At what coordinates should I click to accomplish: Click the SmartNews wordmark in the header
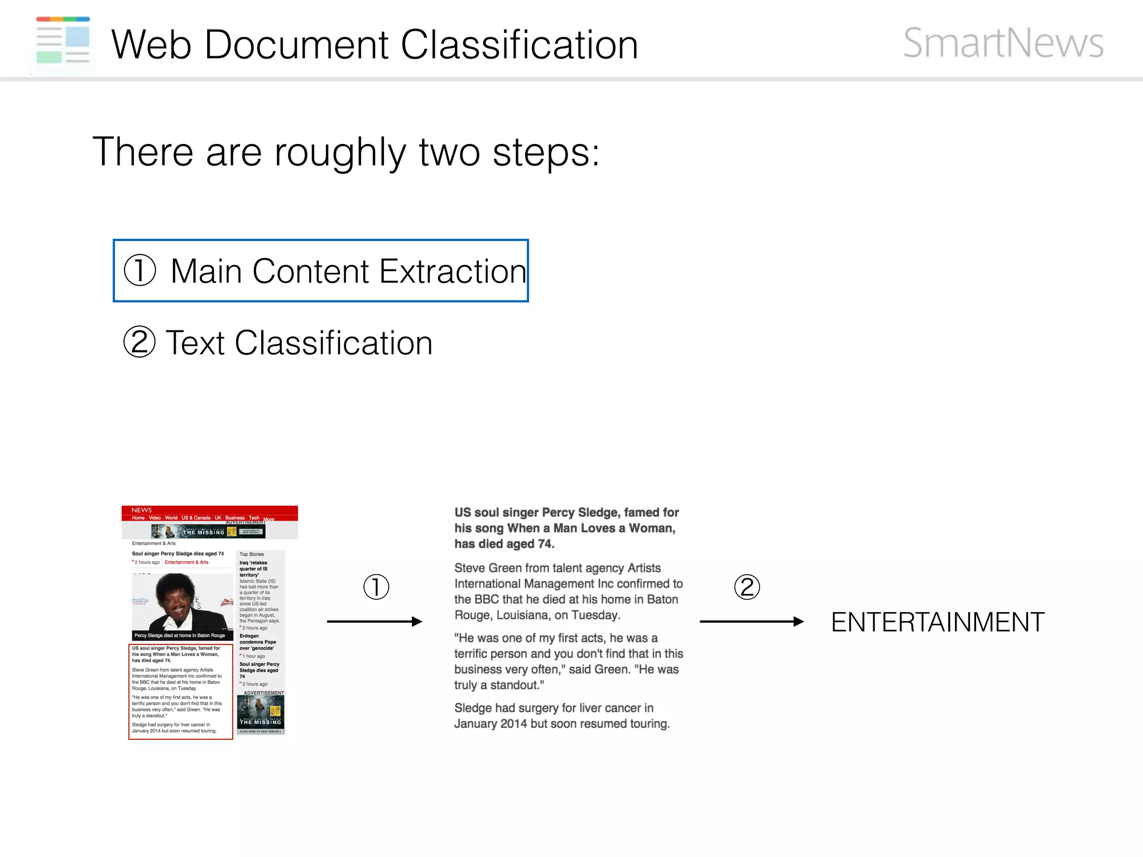[x=1003, y=43]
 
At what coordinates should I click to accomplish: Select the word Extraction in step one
[x=453, y=272]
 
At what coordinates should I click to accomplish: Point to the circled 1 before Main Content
[x=140, y=271]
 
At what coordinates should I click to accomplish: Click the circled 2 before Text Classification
[x=140, y=342]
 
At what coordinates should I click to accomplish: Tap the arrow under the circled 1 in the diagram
[x=374, y=622]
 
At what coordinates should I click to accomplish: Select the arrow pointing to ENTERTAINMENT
[x=751, y=622]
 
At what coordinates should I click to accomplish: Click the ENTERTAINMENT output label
[x=938, y=622]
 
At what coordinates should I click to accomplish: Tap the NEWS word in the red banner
[x=142, y=510]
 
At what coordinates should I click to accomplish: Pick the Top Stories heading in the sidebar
[x=252, y=554]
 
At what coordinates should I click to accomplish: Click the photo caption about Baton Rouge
[x=180, y=635]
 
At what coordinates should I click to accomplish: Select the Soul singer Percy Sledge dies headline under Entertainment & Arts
[x=177, y=553]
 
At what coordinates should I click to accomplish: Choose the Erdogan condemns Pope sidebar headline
[x=257, y=642]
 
